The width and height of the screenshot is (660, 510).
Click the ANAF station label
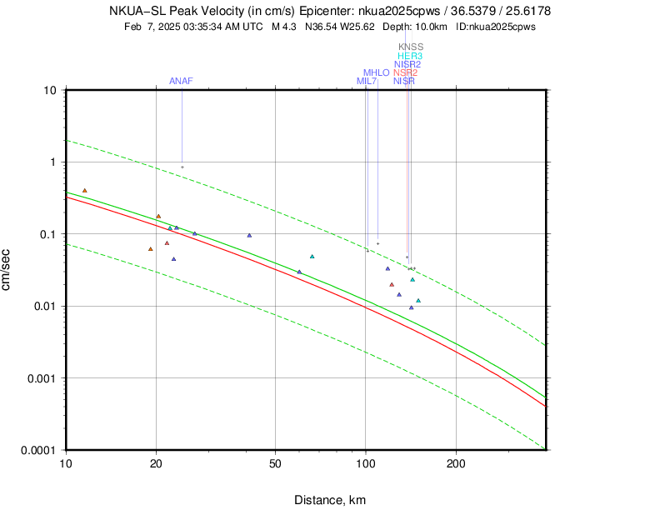(x=181, y=81)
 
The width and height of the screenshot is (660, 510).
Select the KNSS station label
(x=410, y=47)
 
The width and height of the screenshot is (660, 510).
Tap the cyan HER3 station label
(x=409, y=56)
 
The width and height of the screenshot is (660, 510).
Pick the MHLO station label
(x=376, y=72)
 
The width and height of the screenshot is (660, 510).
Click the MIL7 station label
(x=367, y=81)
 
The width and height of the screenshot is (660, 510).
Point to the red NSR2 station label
(x=405, y=72)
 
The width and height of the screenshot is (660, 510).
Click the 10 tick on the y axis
(x=49, y=90)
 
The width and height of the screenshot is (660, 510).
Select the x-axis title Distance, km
(x=330, y=499)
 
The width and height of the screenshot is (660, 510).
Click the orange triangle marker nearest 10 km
(x=84, y=191)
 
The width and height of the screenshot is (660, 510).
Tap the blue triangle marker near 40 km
(x=249, y=236)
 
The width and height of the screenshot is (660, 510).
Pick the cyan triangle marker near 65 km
(x=312, y=257)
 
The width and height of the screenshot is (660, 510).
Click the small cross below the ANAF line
(x=182, y=167)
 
